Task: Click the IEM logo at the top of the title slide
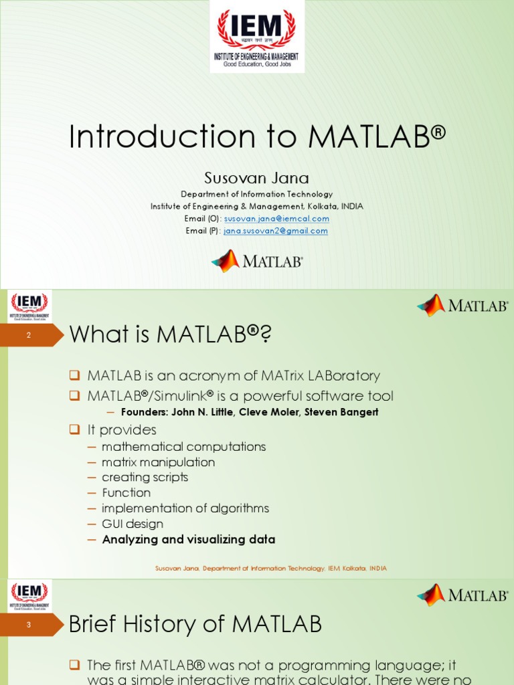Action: pyautogui.click(x=256, y=36)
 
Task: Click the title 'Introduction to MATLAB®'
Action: pyautogui.click(x=257, y=136)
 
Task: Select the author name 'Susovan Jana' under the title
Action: pyautogui.click(x=256, y=178)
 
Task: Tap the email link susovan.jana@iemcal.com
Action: pyautogui.click(x=276, y=219)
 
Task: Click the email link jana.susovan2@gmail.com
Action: pyautogui.click(x=275, y=231)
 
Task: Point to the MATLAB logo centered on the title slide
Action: pyautogui.click(x=257, y=261)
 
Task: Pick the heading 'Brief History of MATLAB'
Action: pyautogui.click(x=195, y=625)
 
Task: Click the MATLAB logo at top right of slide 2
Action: pyautogui.click(x=462, y=306)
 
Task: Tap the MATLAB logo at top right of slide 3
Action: pyautogui.click(x=462, y=595)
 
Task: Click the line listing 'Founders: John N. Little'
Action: pyautogui.click(x=249, y=412)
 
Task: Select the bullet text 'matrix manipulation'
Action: pyautogui.click(x=158, y=462)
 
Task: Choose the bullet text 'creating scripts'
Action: pyautogui.click(x=145, y=478)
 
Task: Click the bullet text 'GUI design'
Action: pyautogui.click(x=132, y=524)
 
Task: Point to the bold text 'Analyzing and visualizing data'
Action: pyautogui.click(x=188, y=539)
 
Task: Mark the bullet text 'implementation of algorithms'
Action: pyautogui.click(x=185, y=508)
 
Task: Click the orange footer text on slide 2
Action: pyautogui.click(x=270, y=569)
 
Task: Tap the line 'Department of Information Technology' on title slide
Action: pyautogui.click(x=256, y=194)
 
